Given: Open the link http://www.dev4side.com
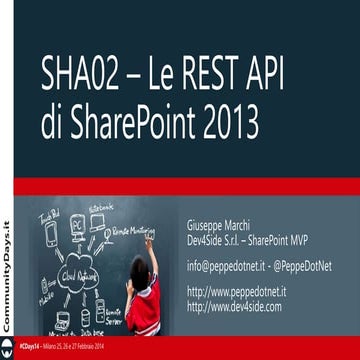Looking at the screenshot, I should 235,306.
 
